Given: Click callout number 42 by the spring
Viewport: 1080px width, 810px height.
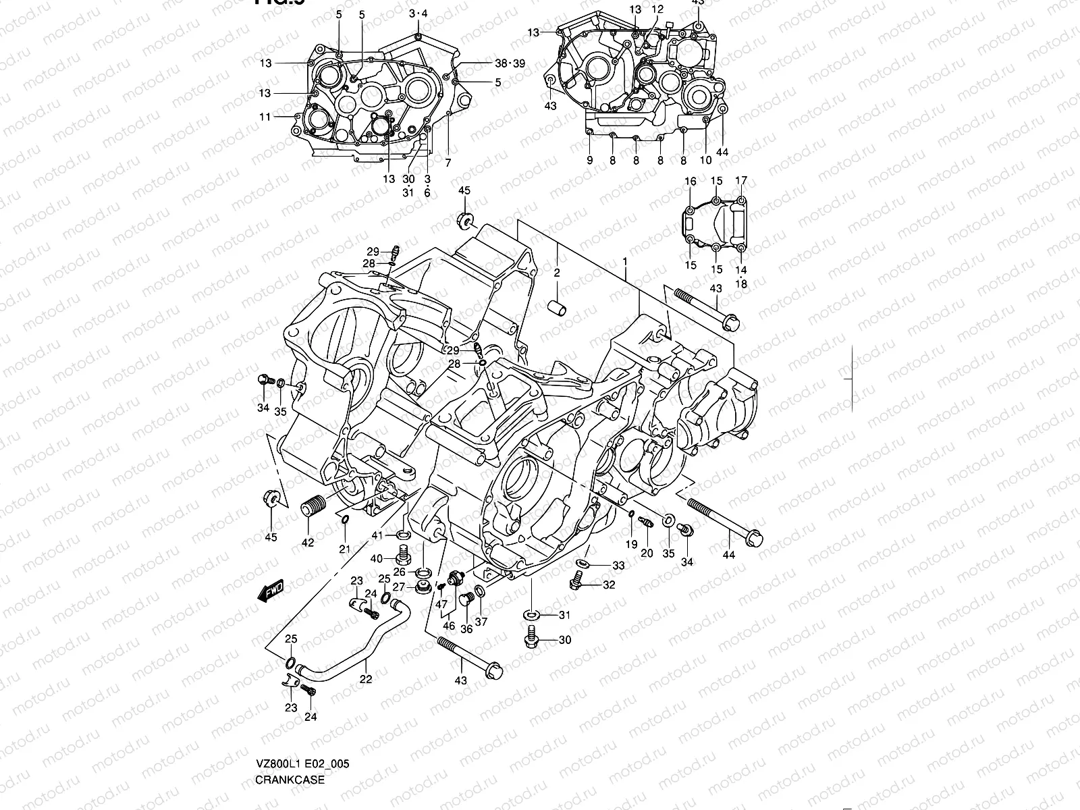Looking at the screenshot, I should click(307, 543).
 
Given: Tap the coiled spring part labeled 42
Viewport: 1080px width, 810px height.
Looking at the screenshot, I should click(313, 506).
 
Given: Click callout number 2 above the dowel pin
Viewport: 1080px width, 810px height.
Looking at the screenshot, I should click(557, 273).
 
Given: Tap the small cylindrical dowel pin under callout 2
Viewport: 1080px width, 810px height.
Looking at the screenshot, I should click(560, 307).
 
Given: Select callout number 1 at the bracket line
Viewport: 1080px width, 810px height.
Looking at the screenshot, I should click(625, 261).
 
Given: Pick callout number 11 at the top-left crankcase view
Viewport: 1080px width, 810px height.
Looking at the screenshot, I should click(265, 117).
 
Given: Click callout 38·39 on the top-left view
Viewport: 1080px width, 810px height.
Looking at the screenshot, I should click(510, 63).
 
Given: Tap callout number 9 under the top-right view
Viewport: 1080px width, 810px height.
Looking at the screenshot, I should click(589, 160).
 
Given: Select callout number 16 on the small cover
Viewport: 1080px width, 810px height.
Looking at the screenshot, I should click(690, 181).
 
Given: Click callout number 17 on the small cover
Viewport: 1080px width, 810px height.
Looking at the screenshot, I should click(741, 180).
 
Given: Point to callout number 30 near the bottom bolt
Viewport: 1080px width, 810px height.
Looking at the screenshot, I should click(564, 639).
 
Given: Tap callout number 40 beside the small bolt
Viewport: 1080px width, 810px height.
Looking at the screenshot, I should click(376, 558).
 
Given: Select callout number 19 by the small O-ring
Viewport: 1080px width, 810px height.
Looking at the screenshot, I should click(631, 544).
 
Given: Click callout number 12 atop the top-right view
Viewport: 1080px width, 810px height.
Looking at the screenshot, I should click(657, 9).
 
